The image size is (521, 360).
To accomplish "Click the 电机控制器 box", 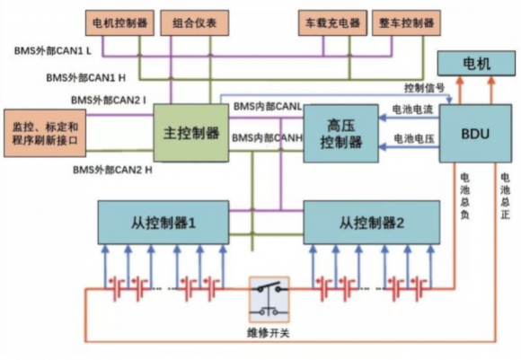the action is pos(119,23).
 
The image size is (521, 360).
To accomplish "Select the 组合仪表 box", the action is pos(195,23).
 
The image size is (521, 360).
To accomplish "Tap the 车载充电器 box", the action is pos(332,23).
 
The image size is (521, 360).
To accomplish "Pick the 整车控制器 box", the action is pos(406,23).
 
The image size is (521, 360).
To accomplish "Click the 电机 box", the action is pos(476,64).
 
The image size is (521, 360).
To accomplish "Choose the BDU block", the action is pos(475,134).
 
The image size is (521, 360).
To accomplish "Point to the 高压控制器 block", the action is pos(341,134).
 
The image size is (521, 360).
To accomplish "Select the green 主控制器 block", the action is pos(191,133).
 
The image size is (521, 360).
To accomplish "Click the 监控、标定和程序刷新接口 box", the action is pos(45,133).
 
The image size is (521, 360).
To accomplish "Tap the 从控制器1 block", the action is pos(163,223).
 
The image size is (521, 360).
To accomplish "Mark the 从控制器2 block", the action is pos(372,223).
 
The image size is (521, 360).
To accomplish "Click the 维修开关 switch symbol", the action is pos(269,300).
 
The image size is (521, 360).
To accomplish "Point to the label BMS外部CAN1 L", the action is pos(52,51).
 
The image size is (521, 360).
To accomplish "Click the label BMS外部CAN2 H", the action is pos(112,170).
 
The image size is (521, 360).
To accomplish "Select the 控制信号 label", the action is pos(424,88).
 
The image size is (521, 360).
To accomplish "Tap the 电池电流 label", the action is pos(412,110).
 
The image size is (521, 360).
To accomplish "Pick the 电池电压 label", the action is pos(414,138).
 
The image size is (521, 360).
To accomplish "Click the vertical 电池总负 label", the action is pos(464,196).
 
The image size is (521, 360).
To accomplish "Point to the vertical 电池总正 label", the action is pos(505,196).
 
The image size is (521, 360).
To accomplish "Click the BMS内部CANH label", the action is pos(267,138).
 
